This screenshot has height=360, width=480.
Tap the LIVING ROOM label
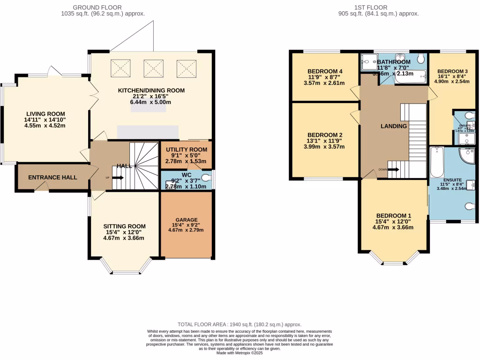pos(45,114)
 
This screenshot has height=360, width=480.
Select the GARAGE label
pos(187,219)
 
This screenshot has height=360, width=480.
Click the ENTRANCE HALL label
pos(52,178)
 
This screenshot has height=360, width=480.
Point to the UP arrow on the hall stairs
pos(118,178)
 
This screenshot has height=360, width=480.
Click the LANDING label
pos(393,126)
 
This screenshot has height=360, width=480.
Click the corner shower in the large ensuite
pos(466,156)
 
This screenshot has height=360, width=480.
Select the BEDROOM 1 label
pos(393,216)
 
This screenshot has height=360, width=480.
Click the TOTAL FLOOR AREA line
pos(240,324)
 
